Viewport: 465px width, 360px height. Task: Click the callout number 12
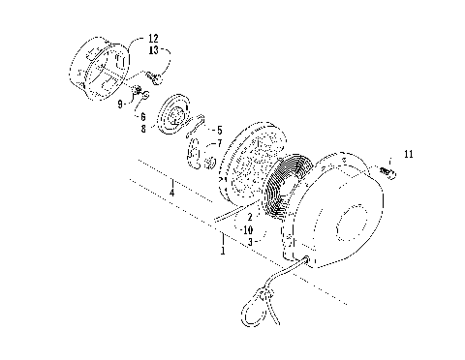pos(156,39)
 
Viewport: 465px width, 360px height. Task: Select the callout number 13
pos(156,49)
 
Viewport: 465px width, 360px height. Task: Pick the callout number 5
pos(219,129)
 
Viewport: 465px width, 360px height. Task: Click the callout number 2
pos(249,218)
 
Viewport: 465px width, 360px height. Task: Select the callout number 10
pos(249,230)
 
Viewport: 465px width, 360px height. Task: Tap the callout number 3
pos(249,242)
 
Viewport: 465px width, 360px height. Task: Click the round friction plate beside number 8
pos(176,118)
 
